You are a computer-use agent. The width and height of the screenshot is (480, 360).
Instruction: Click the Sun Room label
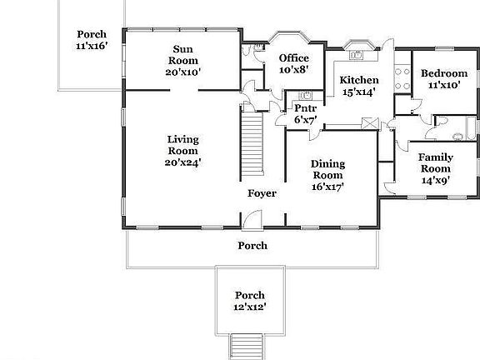pos(182,61)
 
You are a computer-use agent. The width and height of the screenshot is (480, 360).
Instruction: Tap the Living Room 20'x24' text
pos(182,150)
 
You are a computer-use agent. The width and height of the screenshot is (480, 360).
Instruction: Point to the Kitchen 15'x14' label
pos(358,86)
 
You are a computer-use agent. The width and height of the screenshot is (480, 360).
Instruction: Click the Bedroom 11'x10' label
pos(443,79)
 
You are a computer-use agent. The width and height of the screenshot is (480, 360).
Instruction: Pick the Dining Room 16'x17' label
pos(327,175)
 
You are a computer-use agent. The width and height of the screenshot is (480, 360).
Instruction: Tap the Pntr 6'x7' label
pos(304,113)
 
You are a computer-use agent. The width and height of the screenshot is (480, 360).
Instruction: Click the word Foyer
pos(262,194)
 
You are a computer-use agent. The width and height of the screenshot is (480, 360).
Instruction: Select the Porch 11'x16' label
pos(92,40)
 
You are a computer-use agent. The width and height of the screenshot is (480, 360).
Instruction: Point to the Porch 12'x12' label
pos(249,301)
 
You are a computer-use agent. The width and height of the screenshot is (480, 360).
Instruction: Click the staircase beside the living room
pos(252,145)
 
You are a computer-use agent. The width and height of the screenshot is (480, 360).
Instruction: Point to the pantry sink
pos(305,95)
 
